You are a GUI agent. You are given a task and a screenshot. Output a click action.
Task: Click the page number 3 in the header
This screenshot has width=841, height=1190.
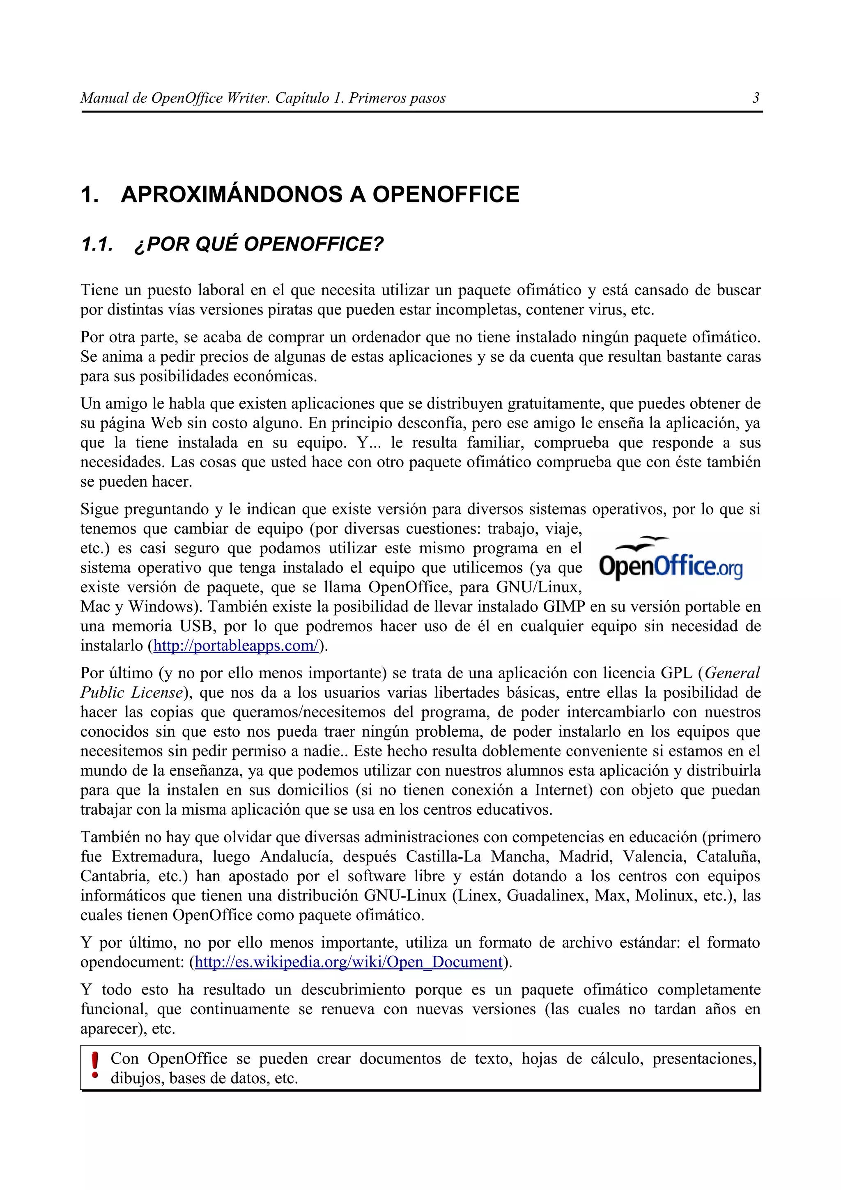click(x=756, y=98)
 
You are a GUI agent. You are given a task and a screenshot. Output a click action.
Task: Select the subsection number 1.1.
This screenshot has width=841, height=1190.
click(x=97, y=244)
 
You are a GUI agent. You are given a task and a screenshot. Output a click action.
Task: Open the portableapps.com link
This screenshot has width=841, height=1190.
click(x=236, y=646)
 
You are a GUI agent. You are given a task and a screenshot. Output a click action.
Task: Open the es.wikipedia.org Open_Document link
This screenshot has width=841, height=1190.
click(x=349, y=963)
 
